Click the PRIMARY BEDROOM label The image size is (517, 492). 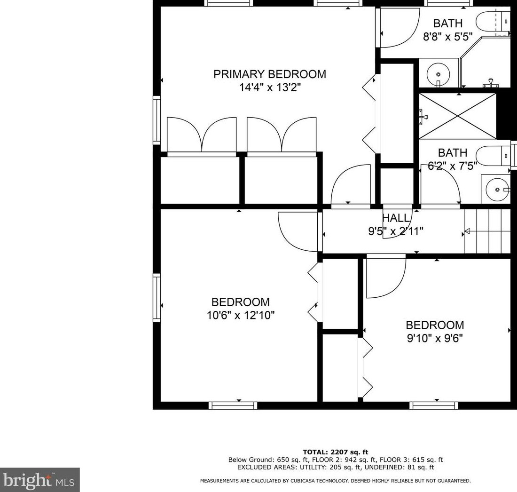pos(270,74)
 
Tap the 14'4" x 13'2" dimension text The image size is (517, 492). pos(270,87)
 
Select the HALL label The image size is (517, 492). pos(396,218)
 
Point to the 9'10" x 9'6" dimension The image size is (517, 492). pos(435,338)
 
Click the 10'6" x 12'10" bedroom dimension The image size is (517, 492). pos(241,315)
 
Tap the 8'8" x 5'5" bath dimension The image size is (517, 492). pos(448,36)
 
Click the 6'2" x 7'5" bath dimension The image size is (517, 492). pos(452,166)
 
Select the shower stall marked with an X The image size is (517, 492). pos(457,116)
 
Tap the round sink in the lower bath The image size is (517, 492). pos(497,190)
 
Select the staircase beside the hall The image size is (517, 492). pos(487,231)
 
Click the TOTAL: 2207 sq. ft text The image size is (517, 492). pos(335,452)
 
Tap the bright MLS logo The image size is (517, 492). pos(39,480)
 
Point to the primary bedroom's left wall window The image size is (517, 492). pos(157,120)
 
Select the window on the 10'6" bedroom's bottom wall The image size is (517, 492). pos(233,405)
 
